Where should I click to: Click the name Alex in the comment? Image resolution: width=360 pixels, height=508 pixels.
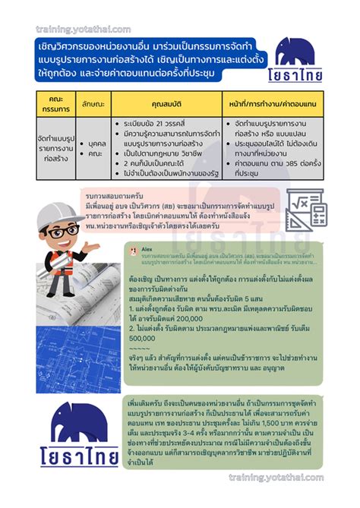click(147, 248)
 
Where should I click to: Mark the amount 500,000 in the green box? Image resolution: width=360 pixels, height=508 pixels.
click(147, 339)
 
